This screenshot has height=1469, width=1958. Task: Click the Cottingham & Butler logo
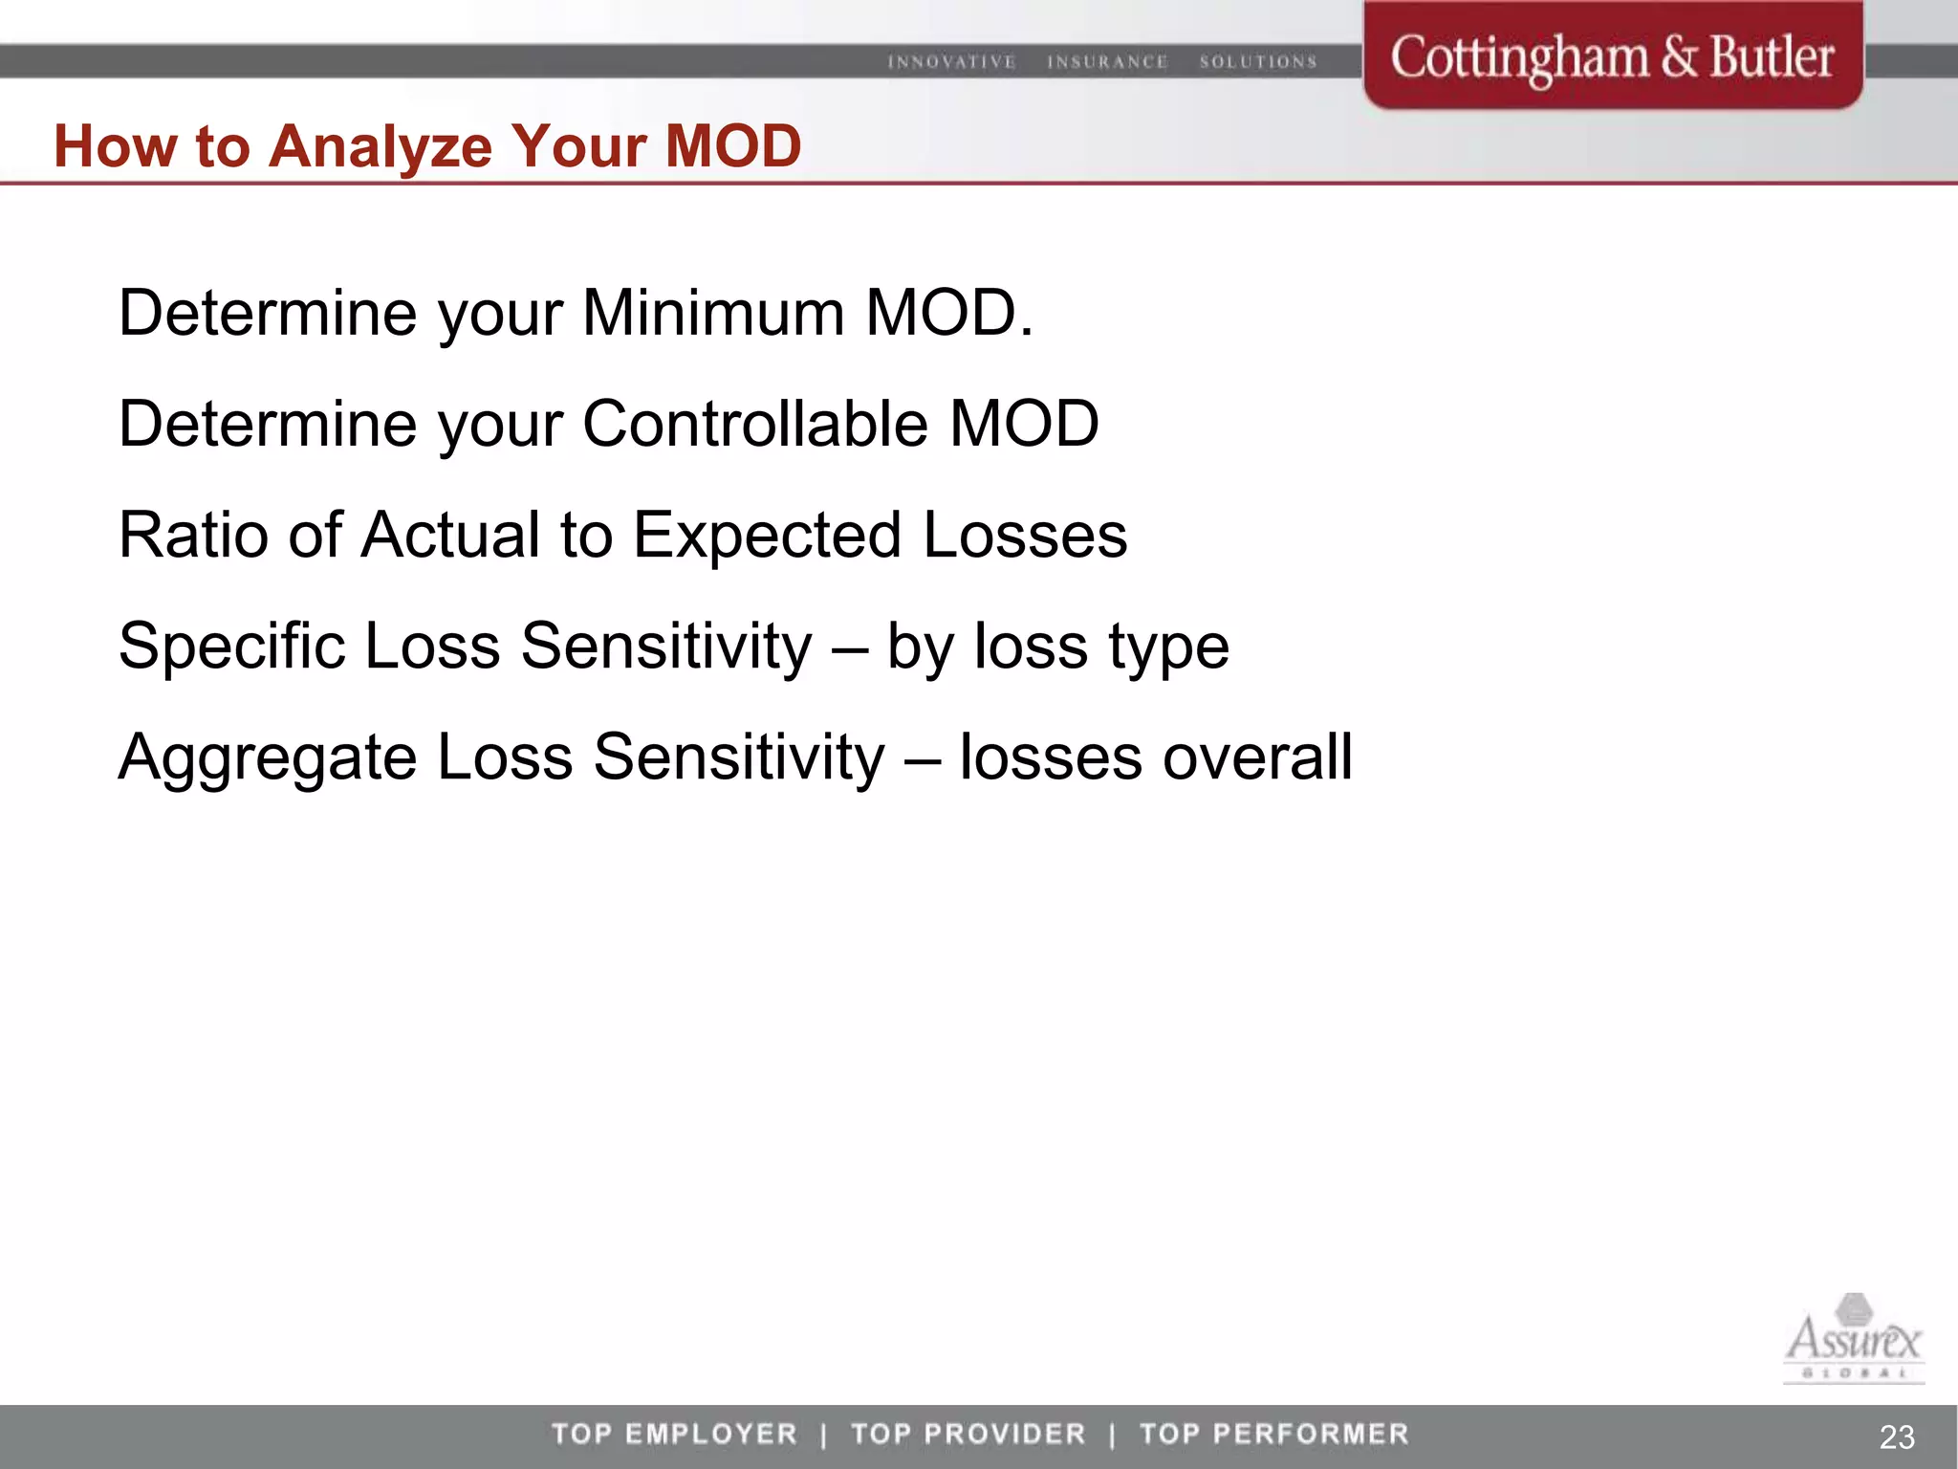[x=1612, y=57]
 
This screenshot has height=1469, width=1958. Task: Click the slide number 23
[x=1897, y=1436]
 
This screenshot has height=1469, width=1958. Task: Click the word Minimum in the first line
[x=713, y=314]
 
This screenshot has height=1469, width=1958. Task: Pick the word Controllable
[x=754, y=424]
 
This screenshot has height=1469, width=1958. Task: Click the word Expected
[x=767, y=537]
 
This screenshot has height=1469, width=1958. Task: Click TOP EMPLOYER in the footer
[x=674, y=1434]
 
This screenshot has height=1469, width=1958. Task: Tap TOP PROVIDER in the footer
[x=968, y=1434]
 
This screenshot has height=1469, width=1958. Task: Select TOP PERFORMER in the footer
[x=1274, y=1434]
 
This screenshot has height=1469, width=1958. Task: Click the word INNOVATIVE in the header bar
[x=951, y=62]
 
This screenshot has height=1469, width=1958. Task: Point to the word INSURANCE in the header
[x=1107, y=62]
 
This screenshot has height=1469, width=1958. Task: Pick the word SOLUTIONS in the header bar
[x=1258, y=62]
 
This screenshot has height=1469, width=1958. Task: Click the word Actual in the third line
[x=450, y=535]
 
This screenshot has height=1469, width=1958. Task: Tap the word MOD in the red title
[x=732, y=147]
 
